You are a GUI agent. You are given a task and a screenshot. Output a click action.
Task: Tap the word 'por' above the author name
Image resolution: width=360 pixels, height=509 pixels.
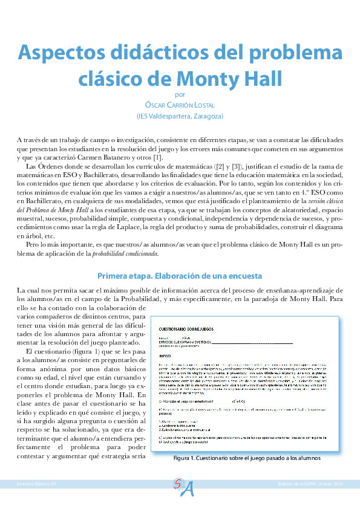(179, 94)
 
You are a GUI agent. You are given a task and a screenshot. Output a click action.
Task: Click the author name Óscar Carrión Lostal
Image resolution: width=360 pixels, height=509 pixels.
(180, 105)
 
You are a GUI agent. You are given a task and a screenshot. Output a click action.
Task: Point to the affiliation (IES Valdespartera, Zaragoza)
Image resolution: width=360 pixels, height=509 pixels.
(180, 115)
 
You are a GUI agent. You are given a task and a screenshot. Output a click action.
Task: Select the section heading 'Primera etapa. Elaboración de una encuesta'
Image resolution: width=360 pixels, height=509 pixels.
(180, 276)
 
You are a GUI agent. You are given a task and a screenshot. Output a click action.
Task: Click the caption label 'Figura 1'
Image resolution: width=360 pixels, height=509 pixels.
(183, 458)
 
